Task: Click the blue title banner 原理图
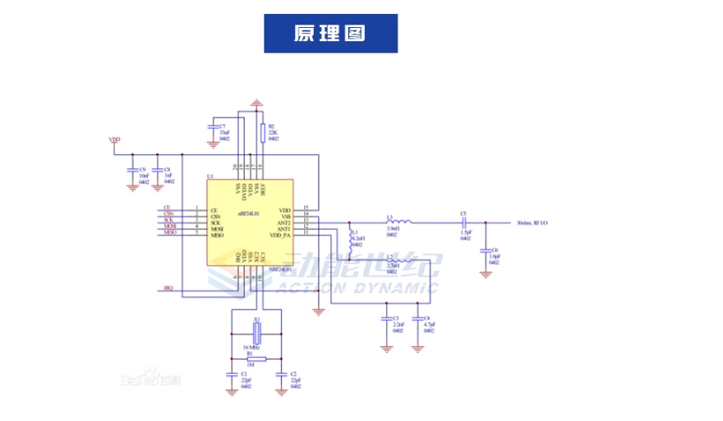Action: [330, 34]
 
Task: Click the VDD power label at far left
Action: [115, 140]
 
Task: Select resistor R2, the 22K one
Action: [262, 132]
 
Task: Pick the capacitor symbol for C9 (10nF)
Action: [131, 169]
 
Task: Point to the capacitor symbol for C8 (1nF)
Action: [157, 169]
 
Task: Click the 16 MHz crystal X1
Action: [256, 332]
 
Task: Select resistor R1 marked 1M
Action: [256, 359]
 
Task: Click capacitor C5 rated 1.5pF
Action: [464, 222]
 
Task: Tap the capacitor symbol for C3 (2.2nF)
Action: [386, 318]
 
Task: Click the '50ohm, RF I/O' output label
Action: [532, 222]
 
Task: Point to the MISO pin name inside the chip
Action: [218, 236]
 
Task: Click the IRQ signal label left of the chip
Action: [168, 288]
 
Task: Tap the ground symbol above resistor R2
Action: [256, 103]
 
